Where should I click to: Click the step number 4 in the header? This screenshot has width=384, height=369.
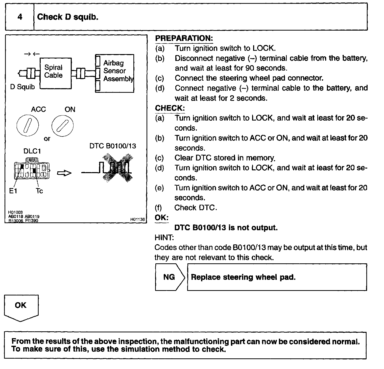20,17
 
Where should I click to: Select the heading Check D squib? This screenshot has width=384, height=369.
67,17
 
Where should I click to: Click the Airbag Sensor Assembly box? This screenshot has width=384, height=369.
115,73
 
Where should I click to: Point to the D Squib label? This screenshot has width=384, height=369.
22,87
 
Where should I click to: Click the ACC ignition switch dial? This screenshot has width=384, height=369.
28,125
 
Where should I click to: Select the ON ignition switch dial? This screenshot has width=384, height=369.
62,125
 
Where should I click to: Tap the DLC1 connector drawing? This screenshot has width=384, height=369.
32,169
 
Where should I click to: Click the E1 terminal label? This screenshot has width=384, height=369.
13,191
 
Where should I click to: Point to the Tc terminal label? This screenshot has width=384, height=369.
39,191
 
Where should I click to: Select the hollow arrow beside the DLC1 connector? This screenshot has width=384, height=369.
64,173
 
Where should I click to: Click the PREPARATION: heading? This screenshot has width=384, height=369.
184,38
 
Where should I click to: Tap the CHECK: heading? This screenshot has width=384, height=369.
170,108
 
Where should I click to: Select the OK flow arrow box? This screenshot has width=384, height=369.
21,307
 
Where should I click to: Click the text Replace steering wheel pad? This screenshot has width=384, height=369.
243,277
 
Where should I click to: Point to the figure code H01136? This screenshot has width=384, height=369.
138,219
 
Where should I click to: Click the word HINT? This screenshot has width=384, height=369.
164,238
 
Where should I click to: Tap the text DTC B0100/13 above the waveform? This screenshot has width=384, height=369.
113,146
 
